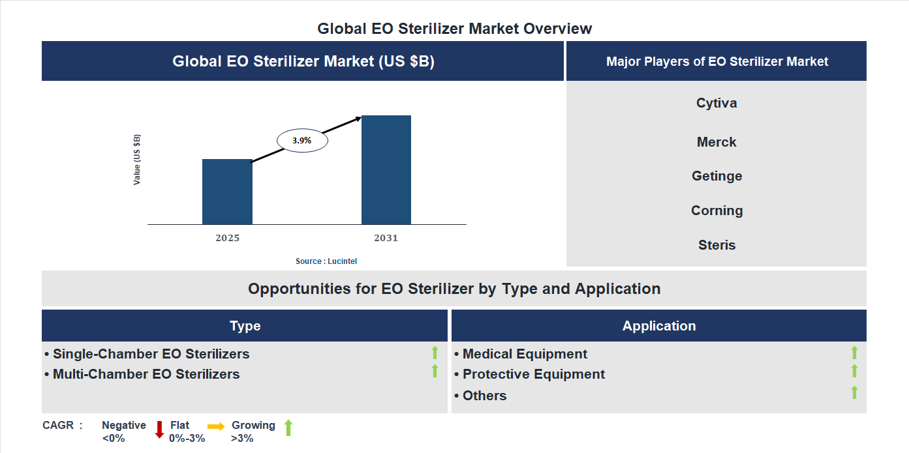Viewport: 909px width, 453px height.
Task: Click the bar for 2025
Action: coord(227,192)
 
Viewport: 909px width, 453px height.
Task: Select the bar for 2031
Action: coord(386,170)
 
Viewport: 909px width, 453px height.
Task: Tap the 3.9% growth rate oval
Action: coord(302,140)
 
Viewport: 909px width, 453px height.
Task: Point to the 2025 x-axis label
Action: coord(227,238)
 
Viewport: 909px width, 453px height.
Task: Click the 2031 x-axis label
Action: coord(386,238)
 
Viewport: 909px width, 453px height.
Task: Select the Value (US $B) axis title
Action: coord(137,160)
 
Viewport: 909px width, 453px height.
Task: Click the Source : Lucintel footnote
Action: coord(326,261)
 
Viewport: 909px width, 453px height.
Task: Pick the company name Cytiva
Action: coord(716,103)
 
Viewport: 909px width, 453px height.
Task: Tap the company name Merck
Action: coord(716,142)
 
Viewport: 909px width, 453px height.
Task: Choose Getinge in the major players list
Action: coord(716,176)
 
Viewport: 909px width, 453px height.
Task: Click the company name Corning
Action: coord(716,211)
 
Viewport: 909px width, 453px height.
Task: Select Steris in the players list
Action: coord(716,245)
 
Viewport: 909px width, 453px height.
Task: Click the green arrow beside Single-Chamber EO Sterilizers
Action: coord(435,353)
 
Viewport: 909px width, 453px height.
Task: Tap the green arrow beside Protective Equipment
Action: coord(854,371)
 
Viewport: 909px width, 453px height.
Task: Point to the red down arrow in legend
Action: coord(159,430)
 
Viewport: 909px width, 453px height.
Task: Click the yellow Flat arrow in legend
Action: coord(216,426)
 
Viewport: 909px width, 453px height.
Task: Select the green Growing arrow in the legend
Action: coord(288,428)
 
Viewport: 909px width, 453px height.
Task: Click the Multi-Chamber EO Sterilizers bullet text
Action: coord(146,374)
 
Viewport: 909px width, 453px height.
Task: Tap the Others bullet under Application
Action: coord(484,396)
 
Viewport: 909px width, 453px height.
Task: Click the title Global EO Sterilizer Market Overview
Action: coord(454,29)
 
